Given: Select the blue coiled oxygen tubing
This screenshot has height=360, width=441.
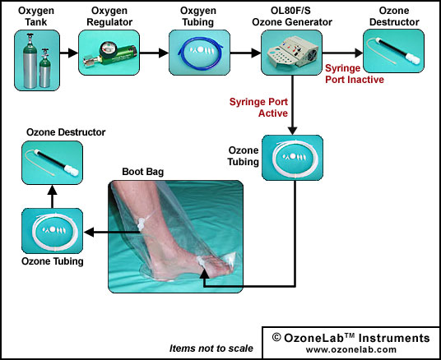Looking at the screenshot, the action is point(200,53).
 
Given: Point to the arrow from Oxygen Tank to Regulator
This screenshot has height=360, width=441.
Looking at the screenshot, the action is point(69,53).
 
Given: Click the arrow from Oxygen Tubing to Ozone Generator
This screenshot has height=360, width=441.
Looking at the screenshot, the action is point(245,53).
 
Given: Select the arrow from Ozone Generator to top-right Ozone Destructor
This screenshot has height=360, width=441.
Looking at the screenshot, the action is point(342,53).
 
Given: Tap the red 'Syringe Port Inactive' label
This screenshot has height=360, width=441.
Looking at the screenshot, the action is point(355,74).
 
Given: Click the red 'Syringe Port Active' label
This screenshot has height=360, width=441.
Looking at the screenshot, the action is point(258,108).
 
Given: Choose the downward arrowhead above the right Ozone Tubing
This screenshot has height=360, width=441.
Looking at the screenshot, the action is point(293,130).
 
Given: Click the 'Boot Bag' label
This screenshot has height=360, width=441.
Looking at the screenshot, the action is point(143,172).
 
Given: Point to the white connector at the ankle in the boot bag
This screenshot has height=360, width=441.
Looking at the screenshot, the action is point(140,224).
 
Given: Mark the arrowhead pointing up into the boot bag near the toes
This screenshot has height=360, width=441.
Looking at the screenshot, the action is point(205,274).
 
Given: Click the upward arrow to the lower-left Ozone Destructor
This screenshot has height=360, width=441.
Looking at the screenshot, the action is point(53,196).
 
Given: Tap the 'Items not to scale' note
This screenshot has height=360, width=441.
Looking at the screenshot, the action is point(211,348).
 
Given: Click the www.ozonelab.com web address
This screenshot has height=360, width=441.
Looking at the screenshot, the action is point(351,349).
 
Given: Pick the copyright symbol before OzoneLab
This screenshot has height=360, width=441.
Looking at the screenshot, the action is point(276,337).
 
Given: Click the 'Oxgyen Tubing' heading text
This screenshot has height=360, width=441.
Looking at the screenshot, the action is point(198,16).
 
